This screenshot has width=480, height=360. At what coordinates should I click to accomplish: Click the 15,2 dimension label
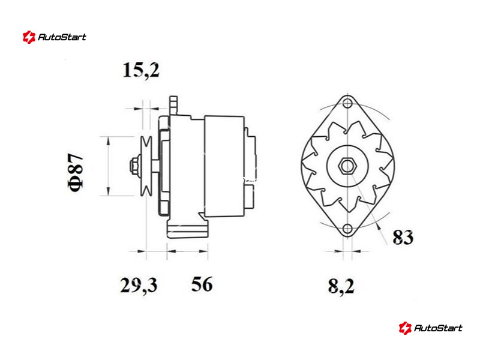click(141, 70)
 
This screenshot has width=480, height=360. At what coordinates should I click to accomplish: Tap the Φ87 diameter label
click(76, 172)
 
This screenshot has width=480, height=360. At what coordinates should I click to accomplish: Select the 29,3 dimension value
click(139, 286)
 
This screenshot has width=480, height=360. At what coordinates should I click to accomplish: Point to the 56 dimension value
click(202, 284)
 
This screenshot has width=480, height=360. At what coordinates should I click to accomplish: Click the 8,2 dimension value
click(341, 287)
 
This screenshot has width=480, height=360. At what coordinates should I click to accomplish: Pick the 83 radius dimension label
click(403, 237)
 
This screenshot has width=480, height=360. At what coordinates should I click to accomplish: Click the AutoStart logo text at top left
click(62, 37)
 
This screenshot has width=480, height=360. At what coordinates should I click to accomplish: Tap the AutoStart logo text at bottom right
click(438, 328)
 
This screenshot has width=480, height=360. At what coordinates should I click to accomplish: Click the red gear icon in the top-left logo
click(29, 37)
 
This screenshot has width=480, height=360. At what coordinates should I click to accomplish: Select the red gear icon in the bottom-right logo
click(405, 328)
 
